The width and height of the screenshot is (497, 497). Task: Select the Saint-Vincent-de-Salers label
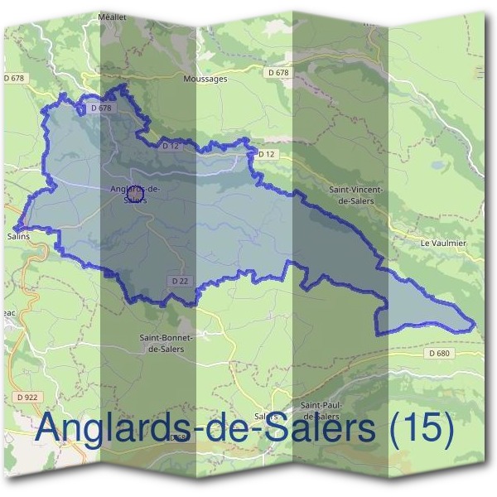(358, 195)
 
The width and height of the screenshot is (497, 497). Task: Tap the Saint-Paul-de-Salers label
(320, 409)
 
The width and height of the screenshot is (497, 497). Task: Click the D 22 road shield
(180, 282)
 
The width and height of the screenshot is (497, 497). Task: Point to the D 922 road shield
(27, 398)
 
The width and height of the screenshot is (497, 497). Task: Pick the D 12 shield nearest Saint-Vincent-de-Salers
(265, 154)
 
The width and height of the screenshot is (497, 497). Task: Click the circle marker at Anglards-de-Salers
(137, 192)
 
